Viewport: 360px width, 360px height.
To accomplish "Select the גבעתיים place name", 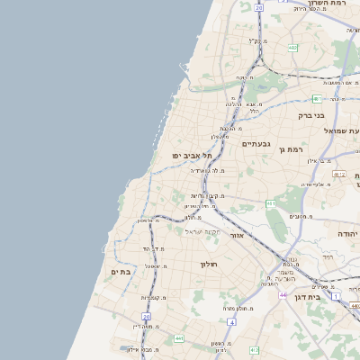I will point(256,144).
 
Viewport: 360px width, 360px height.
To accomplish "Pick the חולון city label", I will point(209,264).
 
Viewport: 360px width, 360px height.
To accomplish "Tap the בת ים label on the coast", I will point(122,272).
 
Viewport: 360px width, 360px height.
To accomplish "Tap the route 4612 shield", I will point(338,174).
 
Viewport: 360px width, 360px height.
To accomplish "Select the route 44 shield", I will point(283,295).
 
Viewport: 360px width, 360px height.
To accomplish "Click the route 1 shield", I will point(336,296).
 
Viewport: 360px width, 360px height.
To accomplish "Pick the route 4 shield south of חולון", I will point(232,321).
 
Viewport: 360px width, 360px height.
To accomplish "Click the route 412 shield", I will point(255,349).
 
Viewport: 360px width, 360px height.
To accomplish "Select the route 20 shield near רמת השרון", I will point(258,7).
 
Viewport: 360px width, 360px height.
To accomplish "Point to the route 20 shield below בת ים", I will point(146,317).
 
